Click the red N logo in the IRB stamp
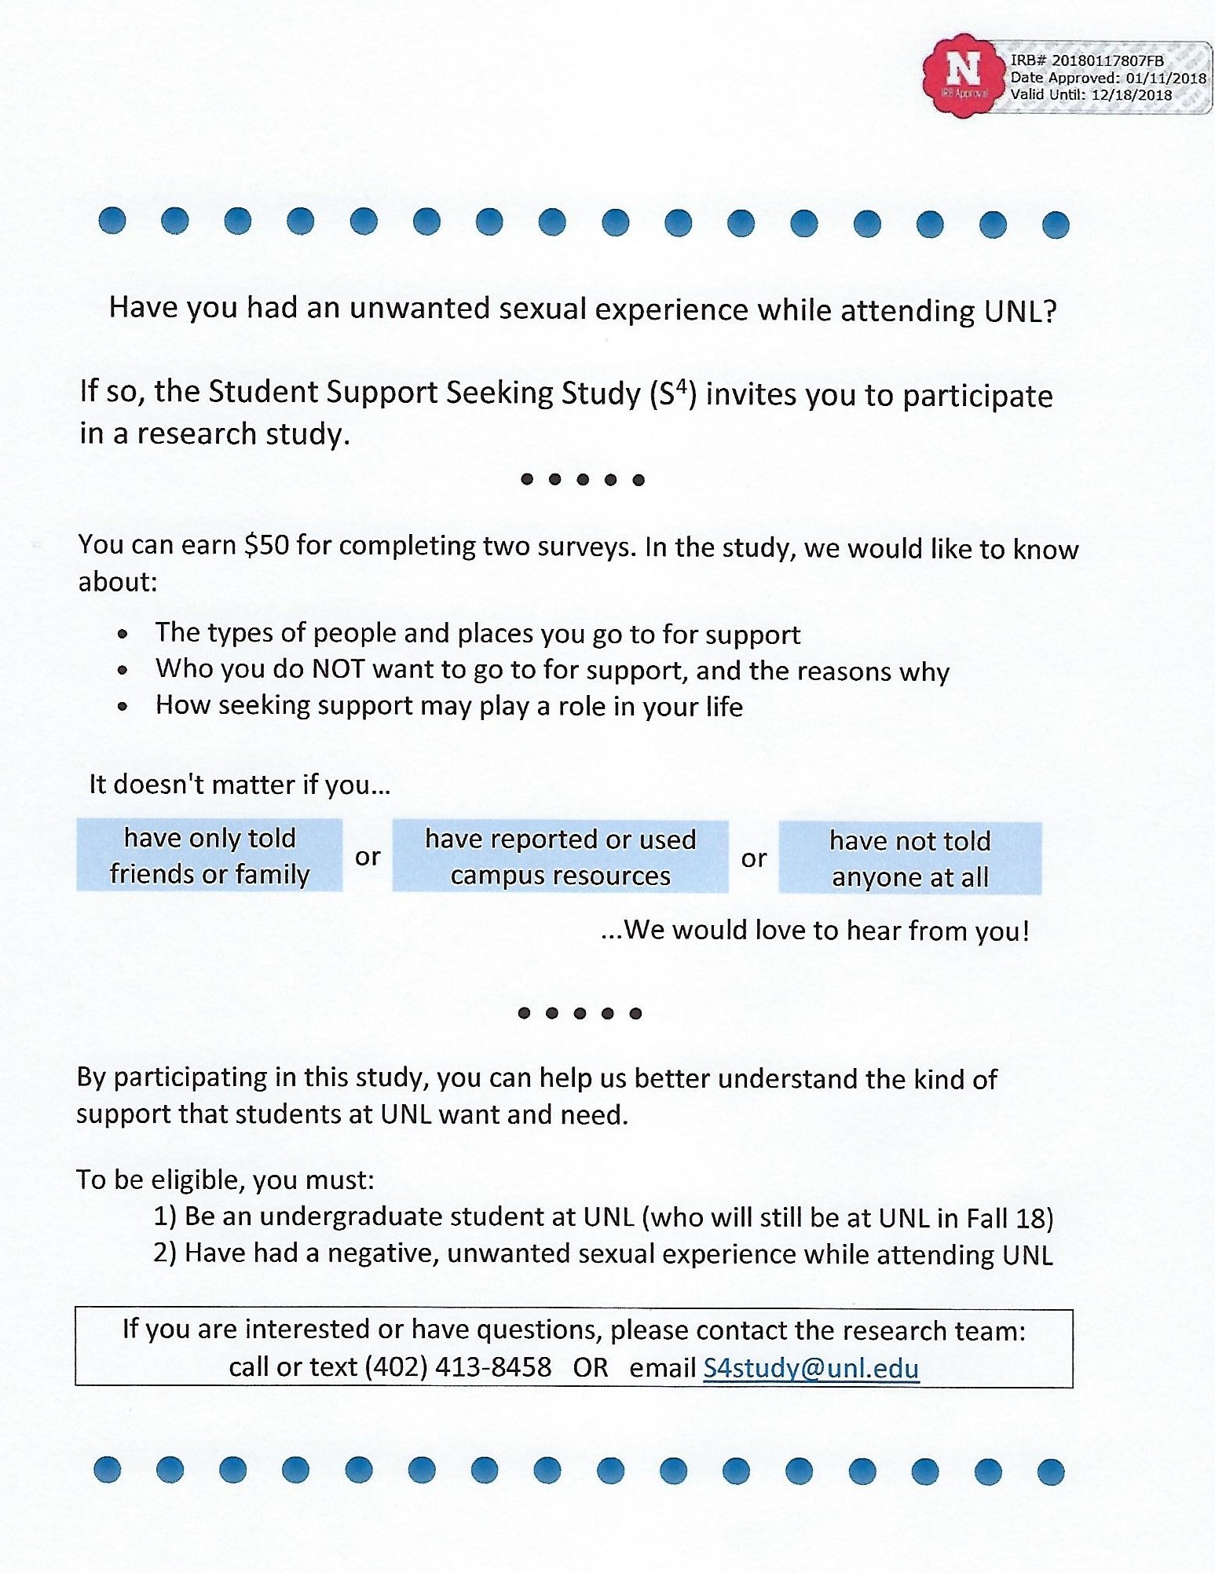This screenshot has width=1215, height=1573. point(963,73)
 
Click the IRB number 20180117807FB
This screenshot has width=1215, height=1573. point(1107,60)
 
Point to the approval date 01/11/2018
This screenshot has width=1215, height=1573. point(1166,78)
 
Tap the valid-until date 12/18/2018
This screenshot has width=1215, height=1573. point(1131,95)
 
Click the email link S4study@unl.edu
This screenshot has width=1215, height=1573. point(811,1368)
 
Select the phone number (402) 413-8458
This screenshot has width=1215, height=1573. point(458,1367)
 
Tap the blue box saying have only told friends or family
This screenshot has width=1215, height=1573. point(210,855)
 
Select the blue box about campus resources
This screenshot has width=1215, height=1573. point(560,857)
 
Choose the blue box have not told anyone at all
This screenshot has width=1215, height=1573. point(910,858)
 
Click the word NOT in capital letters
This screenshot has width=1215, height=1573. point(339,669)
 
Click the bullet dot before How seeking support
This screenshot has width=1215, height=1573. point(123,706)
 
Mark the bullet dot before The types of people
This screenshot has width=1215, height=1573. point(123,634)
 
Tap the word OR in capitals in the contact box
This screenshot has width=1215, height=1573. point(591,1367)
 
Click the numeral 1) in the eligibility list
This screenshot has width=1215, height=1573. point(164,1216)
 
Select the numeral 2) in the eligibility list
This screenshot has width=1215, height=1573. point(164,1253)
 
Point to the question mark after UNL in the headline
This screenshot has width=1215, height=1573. point(1049,312)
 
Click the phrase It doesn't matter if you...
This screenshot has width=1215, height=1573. point(239,785)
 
